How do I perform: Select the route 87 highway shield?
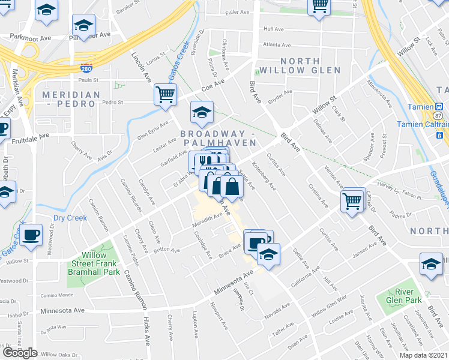click(439, 115)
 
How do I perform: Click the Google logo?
click(20, 353)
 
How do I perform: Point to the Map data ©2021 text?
click(423, 355)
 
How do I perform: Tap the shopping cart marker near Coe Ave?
click(165, 95)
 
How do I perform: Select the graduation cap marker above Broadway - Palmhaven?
click(202, 112)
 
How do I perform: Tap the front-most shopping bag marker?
click(231, 186)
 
